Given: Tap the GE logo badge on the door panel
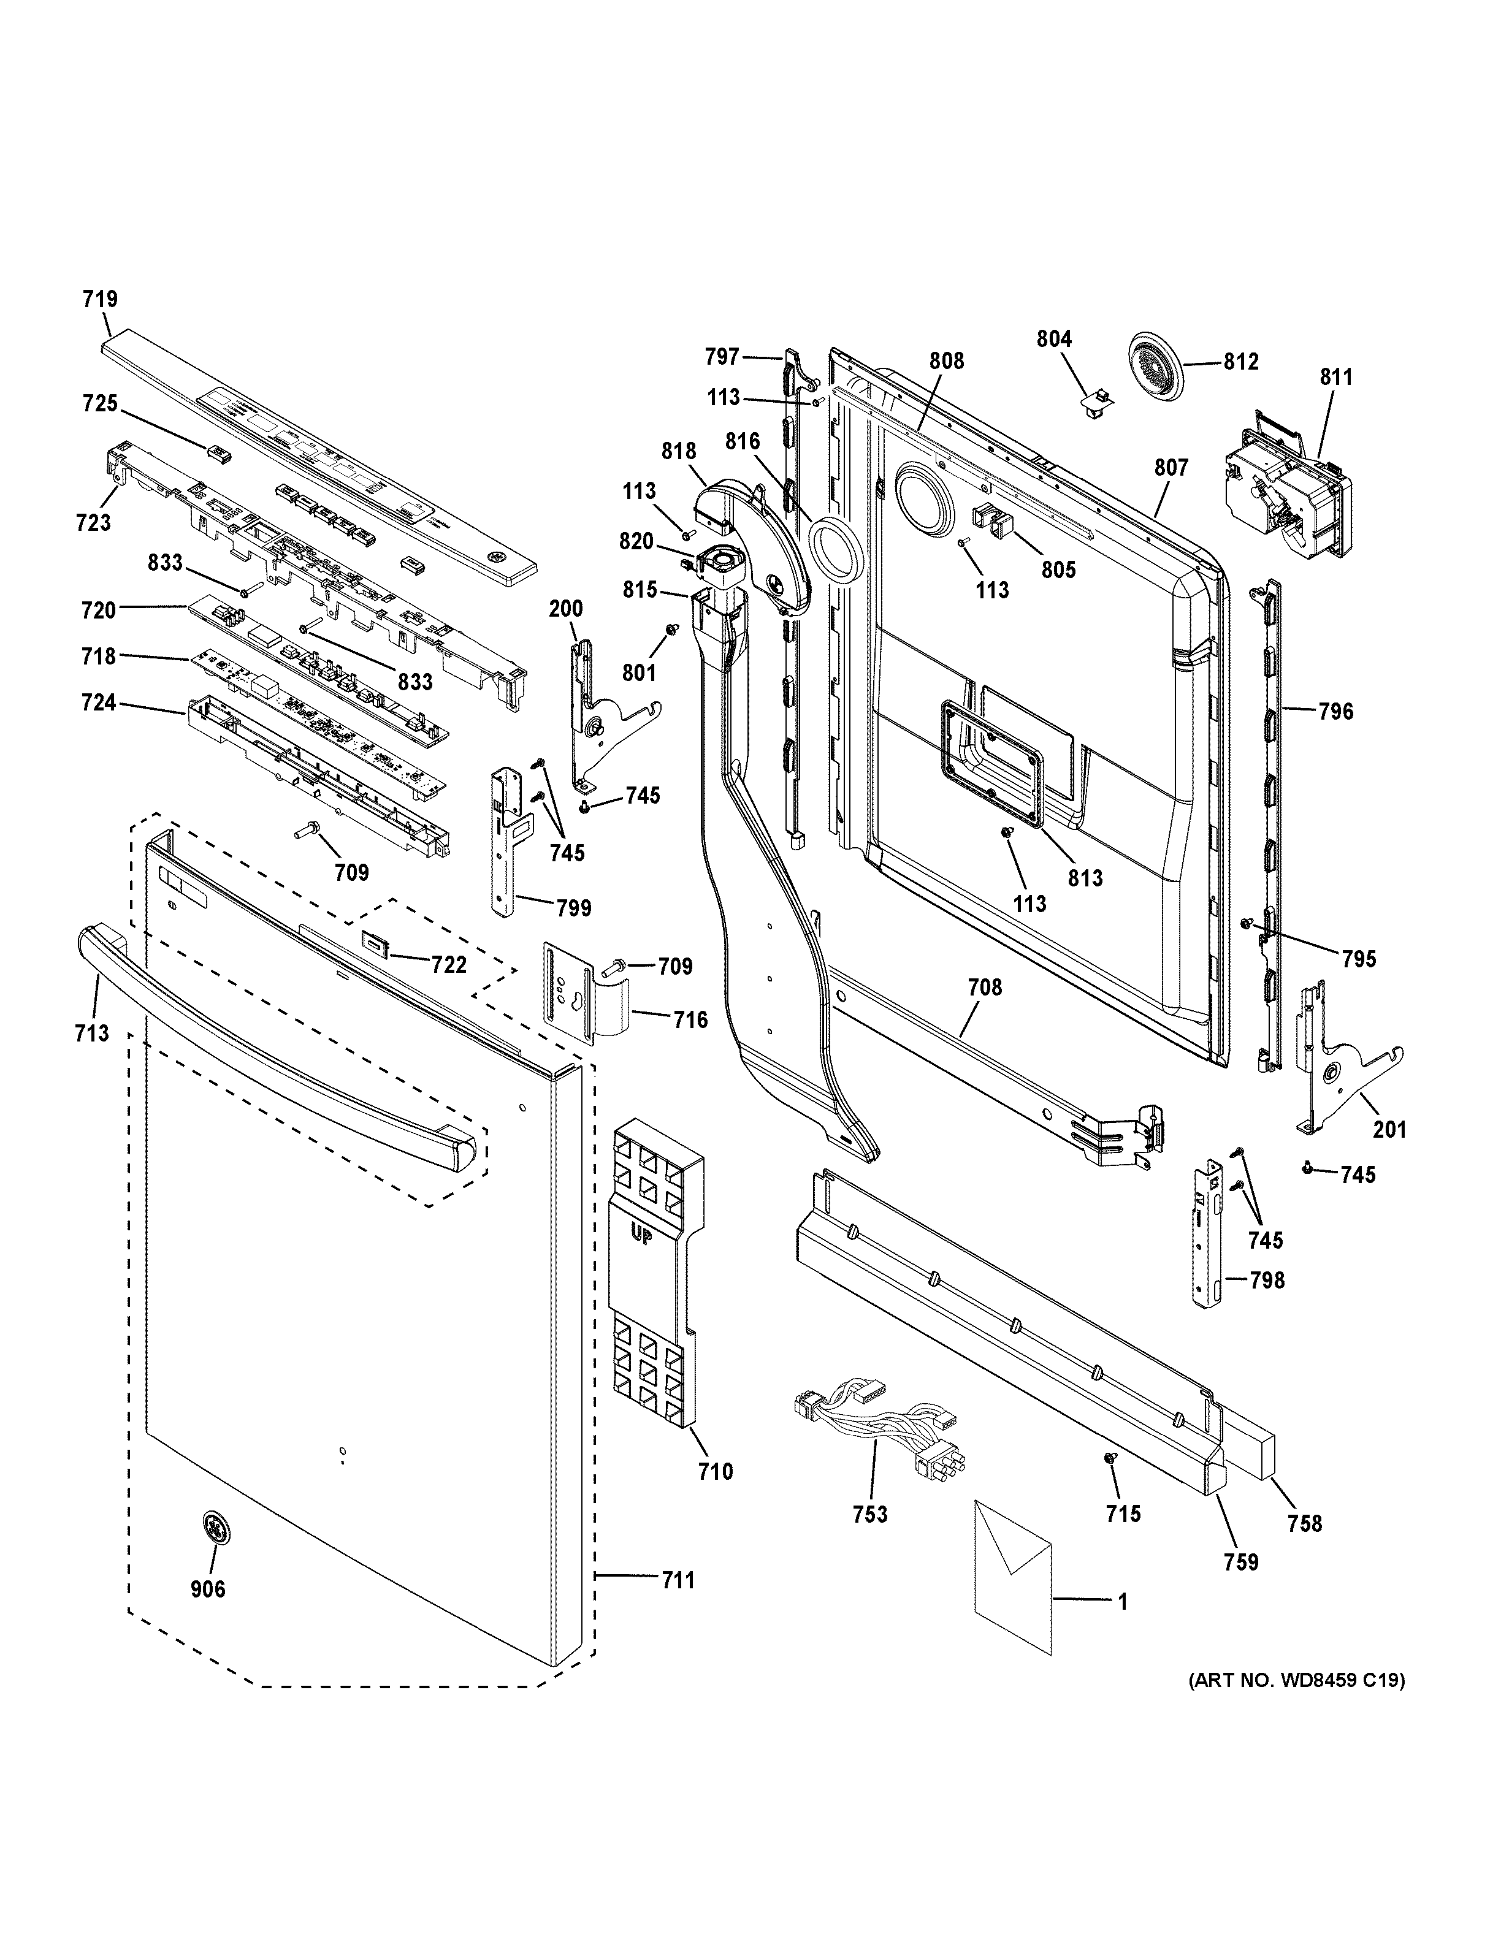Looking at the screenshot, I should pyautogui.click(x=213, y=1525).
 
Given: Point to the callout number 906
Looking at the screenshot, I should pyautogui.click(x=208, y=1588).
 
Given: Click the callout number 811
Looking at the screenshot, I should pyautogui.click(x=1335, y=377).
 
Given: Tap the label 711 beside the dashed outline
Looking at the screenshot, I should pyautogui.click(x=677, y=1580).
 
